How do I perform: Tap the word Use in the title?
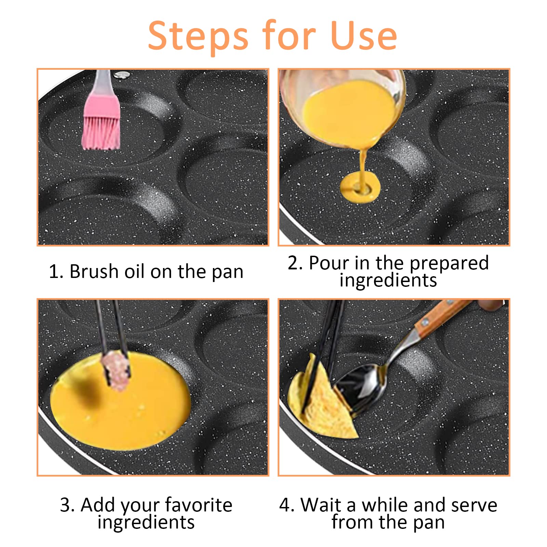tap(364, 36)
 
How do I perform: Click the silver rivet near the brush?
tap(119, 75)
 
